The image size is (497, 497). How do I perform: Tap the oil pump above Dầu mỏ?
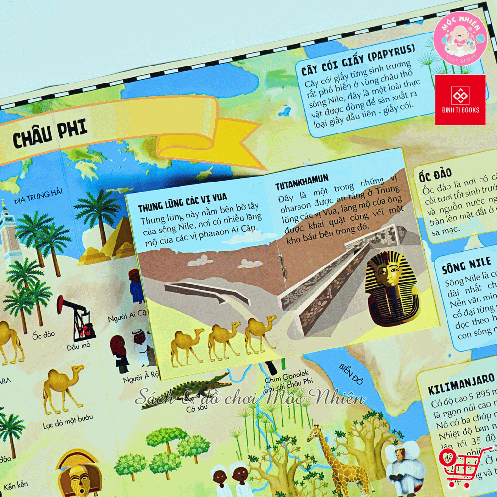coord(78,318)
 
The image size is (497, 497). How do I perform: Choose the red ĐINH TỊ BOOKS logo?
coord(460,99)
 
